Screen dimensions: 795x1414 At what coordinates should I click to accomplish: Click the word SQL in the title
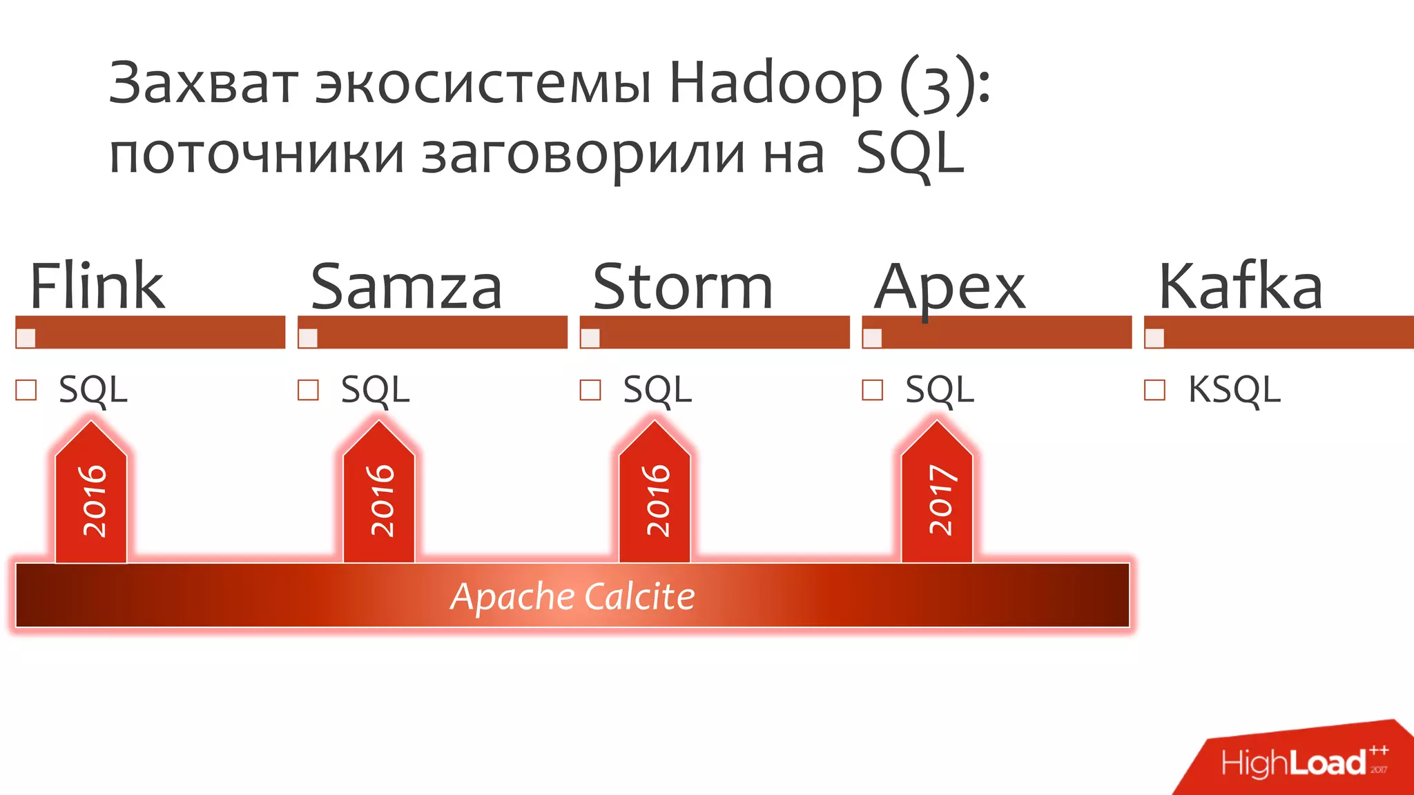click(x=909, y=155)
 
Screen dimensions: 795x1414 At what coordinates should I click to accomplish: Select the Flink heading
click(x=97, y=286)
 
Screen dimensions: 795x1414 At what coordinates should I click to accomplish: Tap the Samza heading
click(x=406, y=286)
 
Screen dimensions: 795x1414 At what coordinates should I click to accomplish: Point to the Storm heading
click(x=682, y=286)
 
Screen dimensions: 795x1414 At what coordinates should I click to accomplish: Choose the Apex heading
click(x=950, y=288)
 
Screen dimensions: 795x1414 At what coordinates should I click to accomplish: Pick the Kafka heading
click(x=1240, y=286)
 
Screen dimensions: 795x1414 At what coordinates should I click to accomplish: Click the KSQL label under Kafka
click(x=1234, y=390)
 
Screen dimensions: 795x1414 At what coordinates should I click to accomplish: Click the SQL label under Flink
click(x=93, y=390)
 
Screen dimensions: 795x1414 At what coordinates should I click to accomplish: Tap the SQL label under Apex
click(x=940, y=390)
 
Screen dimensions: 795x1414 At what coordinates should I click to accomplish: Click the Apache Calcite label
click(x=572, y=596)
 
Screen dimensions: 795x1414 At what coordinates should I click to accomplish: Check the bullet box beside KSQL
click(x=1154, y=390)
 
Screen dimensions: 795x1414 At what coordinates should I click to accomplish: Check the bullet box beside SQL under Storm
click(x=590, y=390)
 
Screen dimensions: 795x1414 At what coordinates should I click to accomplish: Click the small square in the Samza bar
click(x=308, y=338)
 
